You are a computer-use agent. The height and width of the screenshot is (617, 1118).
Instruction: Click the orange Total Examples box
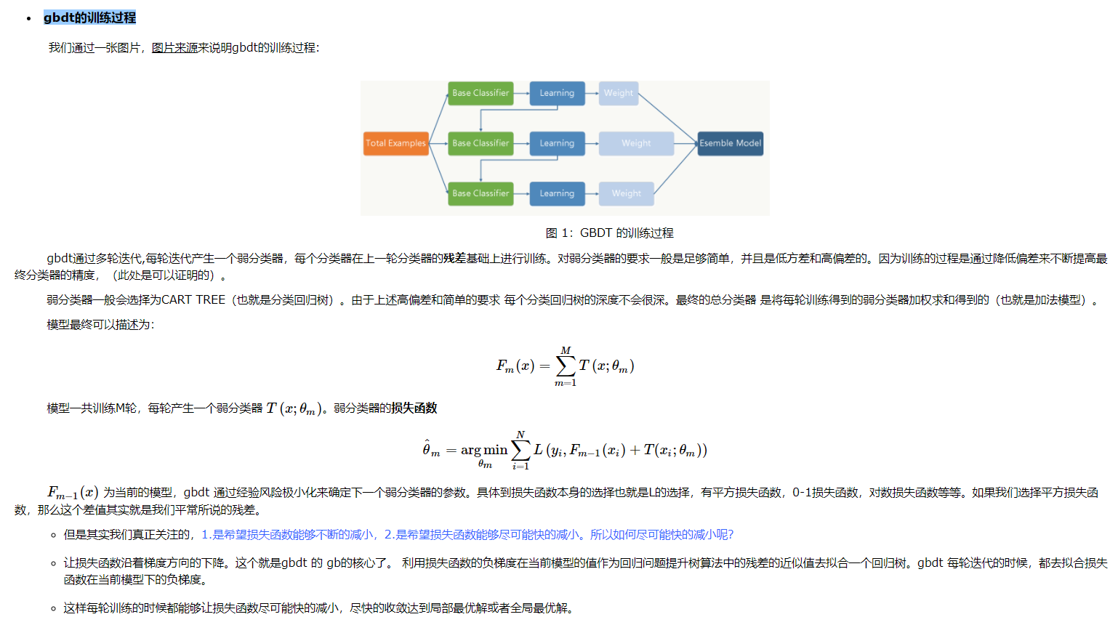(396, 143)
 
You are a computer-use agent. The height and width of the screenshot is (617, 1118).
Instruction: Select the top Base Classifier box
(480, 93)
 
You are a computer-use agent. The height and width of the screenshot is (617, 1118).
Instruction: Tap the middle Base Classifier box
(480, 143)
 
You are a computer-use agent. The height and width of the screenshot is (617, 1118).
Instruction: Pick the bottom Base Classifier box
(480, 193)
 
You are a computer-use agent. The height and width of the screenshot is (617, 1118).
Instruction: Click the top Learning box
(557, 93)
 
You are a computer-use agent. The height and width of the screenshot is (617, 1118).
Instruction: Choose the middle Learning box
(557, 143)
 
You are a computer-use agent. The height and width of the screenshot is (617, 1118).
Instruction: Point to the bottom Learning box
(557, 193)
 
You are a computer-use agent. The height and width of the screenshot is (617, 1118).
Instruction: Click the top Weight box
(619, 93)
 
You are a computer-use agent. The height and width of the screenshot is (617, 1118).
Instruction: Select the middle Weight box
(636, 143)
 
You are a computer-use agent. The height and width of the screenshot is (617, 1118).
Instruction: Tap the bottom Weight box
(627, 193)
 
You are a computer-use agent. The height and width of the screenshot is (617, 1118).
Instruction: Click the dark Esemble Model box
(730, 143)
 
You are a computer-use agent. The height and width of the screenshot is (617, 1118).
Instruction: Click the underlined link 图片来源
(174, 48)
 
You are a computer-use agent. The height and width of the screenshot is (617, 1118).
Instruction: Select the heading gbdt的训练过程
(90, 17)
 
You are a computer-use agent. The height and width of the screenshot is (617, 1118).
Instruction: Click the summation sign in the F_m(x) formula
(566, 366)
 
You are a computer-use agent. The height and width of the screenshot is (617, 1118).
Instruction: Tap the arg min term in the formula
(484, 450)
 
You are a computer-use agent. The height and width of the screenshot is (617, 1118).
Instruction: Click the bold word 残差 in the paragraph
(455, 259)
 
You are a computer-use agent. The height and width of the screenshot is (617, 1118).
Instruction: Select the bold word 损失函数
(414, 408)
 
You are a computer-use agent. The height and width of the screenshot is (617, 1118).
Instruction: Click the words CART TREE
(193, 300)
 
